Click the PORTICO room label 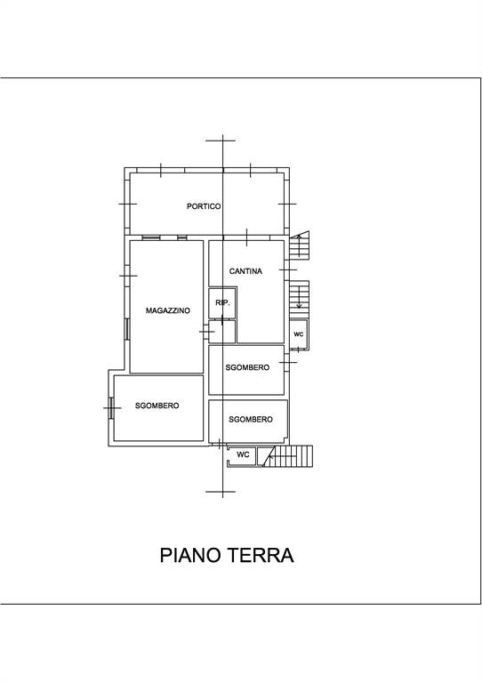[204, 206]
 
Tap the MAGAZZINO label [168, 310]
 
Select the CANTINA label [245, 271]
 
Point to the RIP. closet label [222, 302]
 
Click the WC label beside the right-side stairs [298, 334]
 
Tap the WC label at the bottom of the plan [243, 454]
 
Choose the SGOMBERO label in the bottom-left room [157, 406]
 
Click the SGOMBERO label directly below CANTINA [247, 367]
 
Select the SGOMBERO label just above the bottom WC [251, 420]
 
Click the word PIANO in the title [189, 555]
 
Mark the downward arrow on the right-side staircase [299, 297]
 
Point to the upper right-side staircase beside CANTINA [300, 245]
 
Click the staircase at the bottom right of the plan [287, 456]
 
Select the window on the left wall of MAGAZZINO [126, 329]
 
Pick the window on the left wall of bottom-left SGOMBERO [111, 408]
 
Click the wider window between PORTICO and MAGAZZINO [151, 237]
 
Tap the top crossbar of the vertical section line [221, 141]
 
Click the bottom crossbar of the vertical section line [221, 492]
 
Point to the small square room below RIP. [222, 332]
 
